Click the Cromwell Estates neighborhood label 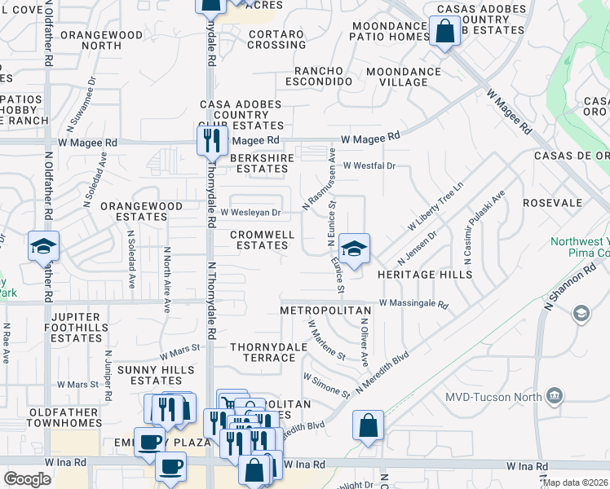point(261,240)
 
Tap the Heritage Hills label point(425,275)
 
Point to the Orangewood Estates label point(141,212)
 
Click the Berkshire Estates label point(260,164)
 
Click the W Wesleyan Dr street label point(250,213)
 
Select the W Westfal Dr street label point(369,165)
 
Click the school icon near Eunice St point(355,248)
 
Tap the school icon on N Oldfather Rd point(43,247)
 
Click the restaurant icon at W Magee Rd point(212,139)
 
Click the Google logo point(27,479)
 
